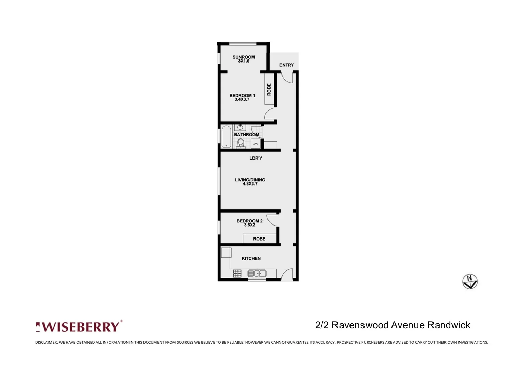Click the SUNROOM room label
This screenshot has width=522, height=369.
coord(244,57)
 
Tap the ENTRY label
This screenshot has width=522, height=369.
coord(286,65)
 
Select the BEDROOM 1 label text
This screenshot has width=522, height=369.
coord(242,96)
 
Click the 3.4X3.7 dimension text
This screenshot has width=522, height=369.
coord(242,100)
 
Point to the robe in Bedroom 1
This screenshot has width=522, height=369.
coord(269,90)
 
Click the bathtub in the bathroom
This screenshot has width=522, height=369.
coord(226,137)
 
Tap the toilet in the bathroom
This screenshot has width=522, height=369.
coord(241,142)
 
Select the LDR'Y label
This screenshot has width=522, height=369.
coord(256,158)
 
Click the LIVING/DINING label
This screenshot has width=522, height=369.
coord(250,180)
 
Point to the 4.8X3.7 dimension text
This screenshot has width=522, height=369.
coord(250,184)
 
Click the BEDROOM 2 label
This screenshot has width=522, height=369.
coord(249,221)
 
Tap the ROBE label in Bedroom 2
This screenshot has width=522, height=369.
coord(259,239)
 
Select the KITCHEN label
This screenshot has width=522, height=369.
coord(251,258)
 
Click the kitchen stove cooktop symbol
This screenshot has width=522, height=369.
coord(237,273)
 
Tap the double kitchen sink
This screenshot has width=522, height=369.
coord(257,273)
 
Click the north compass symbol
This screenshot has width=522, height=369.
coord(470,282)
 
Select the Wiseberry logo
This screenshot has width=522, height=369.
coord(79,327)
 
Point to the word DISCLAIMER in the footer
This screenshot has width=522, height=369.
coord(46,342)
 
